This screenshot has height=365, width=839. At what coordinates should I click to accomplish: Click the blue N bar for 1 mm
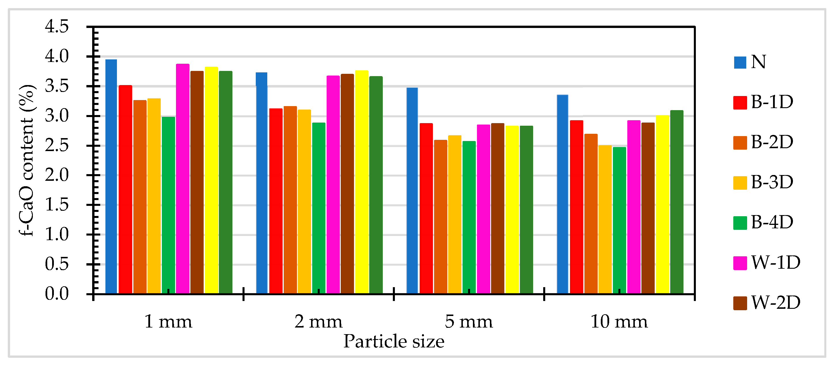[111, 176]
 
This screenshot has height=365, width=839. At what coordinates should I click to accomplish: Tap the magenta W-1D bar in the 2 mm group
[333, 184]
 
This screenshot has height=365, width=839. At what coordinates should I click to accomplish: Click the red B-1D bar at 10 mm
[577, 207]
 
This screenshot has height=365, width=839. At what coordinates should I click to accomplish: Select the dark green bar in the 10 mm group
[677, 202]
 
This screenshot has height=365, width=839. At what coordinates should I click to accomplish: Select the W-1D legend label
[775, 263]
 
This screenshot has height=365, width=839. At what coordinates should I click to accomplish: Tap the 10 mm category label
[619, 322]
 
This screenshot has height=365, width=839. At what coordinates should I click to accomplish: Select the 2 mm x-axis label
[318, 322]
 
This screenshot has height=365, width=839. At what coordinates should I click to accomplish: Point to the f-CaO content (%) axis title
[27, 160]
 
